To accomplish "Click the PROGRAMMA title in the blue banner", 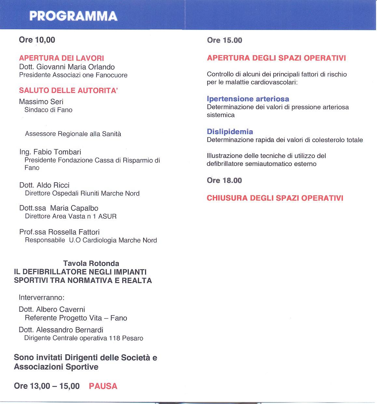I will pyautogui.click(x=73, y=16).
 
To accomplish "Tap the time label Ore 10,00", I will pyautogui.click(x=37, y=40).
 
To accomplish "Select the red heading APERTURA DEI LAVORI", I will pyautogui.click(x=61, y=58).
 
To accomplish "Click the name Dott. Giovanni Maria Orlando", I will pyautogui.click(x=67, y=67).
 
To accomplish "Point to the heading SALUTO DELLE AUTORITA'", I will pyautogui.click(x=68, y=90).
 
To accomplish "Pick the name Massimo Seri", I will pyautogui.click(x=41, y=102).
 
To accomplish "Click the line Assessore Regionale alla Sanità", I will pyautogui.click(x=73, y=134).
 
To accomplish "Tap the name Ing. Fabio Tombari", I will pyautogui.click(x=50, y=152).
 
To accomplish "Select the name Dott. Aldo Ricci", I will pyautogui.click(x=44, y=185).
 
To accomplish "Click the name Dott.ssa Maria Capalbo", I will pyautogui.click(x=59, y=208).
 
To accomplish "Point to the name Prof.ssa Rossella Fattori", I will pyautogui.click(x=60, y=232).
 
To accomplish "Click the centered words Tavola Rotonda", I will pyautogui.click(x=91, y=263).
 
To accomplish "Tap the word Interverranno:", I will pyautogui.click(x=42, y=297).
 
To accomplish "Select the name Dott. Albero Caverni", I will pyautogui.click(x=52, y=309).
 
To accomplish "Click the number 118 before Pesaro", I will pyautogui.click(x=114, y=338).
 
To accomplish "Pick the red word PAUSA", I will pyautogui.click(x=103, y=386).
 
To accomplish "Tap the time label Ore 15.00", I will pyautogui.click(x=224, y=40).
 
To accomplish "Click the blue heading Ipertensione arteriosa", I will pyautogui.click(x=248, y=99).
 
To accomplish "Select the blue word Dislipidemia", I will pyautogui.click(x=230, y=132).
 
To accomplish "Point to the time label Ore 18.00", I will pyautogui.click(x=224, y=180).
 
